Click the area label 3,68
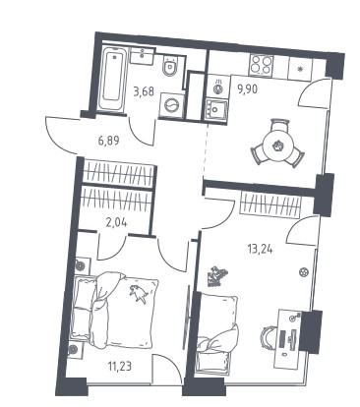click(x=144, y=91)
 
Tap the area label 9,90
click(x=248, y=88)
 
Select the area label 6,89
click(x=108, y=141)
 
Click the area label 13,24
click(x=260, y=250)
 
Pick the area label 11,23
click(x=119, y=366)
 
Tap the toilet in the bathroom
click(x=170, y=66)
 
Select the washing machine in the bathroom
click(x=171, y=105)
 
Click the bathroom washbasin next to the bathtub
click(x=142, y=55)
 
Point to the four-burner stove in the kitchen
click(x=262, y=64)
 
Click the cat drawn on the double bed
click(x=138, y=294)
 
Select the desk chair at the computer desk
click(x=269, y=336)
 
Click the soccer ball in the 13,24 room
click(x=304, y=271)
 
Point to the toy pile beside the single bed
click(x=215, y=276)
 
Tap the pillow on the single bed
click(x=218, y=307)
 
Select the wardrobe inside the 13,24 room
click(x=270, y=203)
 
